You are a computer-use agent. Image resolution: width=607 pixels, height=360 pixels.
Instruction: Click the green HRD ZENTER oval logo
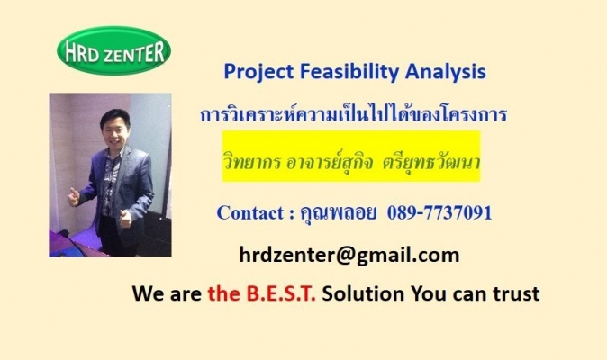coord(113,50)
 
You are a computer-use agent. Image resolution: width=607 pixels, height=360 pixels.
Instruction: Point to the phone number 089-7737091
coord(439,212)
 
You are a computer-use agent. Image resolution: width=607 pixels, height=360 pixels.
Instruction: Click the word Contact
coord(250,213)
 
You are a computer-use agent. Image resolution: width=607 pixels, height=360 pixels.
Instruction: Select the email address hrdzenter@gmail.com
coord(349,256)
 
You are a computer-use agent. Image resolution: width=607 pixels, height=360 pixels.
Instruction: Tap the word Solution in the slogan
coord(363,293)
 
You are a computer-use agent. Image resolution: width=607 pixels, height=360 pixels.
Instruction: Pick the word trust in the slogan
coord(516,293)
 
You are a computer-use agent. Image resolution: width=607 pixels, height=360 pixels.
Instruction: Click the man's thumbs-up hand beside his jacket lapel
coord(74,197)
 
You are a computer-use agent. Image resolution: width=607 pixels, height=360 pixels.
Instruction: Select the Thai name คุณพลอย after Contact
coord(338,213)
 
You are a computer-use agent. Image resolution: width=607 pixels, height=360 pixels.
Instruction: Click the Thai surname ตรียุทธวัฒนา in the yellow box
coord(431,162)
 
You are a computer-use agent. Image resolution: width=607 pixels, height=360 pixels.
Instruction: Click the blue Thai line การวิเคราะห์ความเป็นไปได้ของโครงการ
coord(353,115)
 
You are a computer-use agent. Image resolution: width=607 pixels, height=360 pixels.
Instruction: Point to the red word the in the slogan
coord(223,293)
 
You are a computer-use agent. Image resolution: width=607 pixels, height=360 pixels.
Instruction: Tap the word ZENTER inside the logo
coord(134,53)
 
